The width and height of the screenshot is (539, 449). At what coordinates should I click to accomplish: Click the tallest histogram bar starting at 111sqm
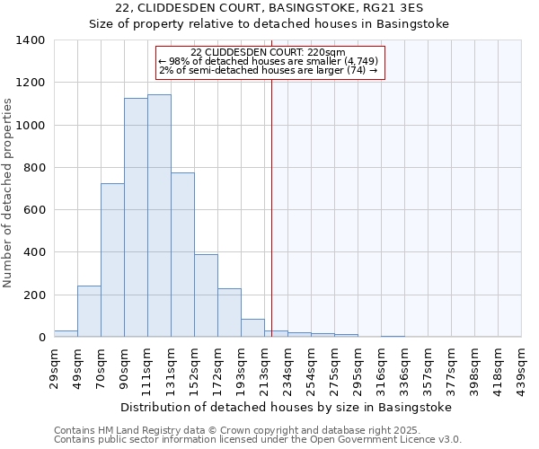click(159, 216)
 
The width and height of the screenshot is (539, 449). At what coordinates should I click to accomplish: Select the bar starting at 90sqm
click(136, 217)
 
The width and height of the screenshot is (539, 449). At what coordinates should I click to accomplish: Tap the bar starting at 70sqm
click(112, 260)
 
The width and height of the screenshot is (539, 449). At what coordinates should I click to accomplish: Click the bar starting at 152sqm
click(206, 295)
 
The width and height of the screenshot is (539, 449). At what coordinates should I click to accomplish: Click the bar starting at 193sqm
click(252, 328)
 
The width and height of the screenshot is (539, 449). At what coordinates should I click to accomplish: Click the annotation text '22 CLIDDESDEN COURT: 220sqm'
click(269, 52)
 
